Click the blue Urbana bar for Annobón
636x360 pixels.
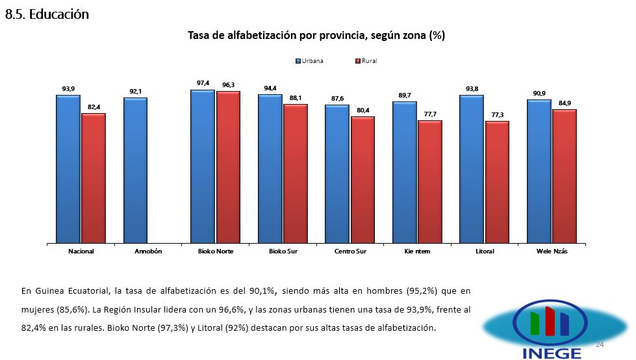(x=135, y=170)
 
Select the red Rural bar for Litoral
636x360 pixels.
(x=497, y=182)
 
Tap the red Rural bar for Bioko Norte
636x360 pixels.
(x=228, y=167)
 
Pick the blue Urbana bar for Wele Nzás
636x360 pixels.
(x=539, y=172)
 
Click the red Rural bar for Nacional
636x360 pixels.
(x=94, y=178)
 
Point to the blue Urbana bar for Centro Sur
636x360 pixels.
(x=337, y=174)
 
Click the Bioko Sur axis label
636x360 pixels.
(x=283, y=251)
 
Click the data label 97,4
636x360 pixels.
(x=203, y=83)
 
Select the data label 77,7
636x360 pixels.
(x=429, y=114)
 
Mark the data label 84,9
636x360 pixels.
(x=565, y=103)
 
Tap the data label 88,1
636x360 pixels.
(x=296, y=97)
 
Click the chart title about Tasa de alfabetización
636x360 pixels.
(x=316, y=35)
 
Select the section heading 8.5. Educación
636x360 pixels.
(x=47, y=14)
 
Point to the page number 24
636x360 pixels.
(x=599, y=344)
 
